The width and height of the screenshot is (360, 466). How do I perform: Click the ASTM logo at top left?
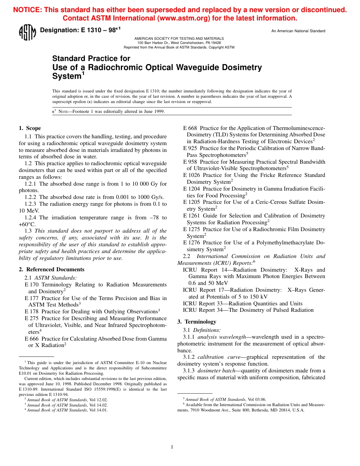click(27, 33)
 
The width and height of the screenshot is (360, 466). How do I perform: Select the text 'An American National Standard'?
click(298, 31)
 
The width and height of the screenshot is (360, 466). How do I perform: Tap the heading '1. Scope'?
click(30, 128)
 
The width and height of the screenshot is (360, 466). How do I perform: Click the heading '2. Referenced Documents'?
click(52, 269)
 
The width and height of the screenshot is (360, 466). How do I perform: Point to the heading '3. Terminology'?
click(197, 322)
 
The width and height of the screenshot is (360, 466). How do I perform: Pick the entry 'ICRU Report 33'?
click(243, 303)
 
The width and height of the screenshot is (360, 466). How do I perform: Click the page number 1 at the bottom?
click(172, 447)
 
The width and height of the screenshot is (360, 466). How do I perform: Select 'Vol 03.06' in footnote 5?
click(257, 399)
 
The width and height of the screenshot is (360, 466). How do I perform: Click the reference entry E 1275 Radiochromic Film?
click(254, 229)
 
